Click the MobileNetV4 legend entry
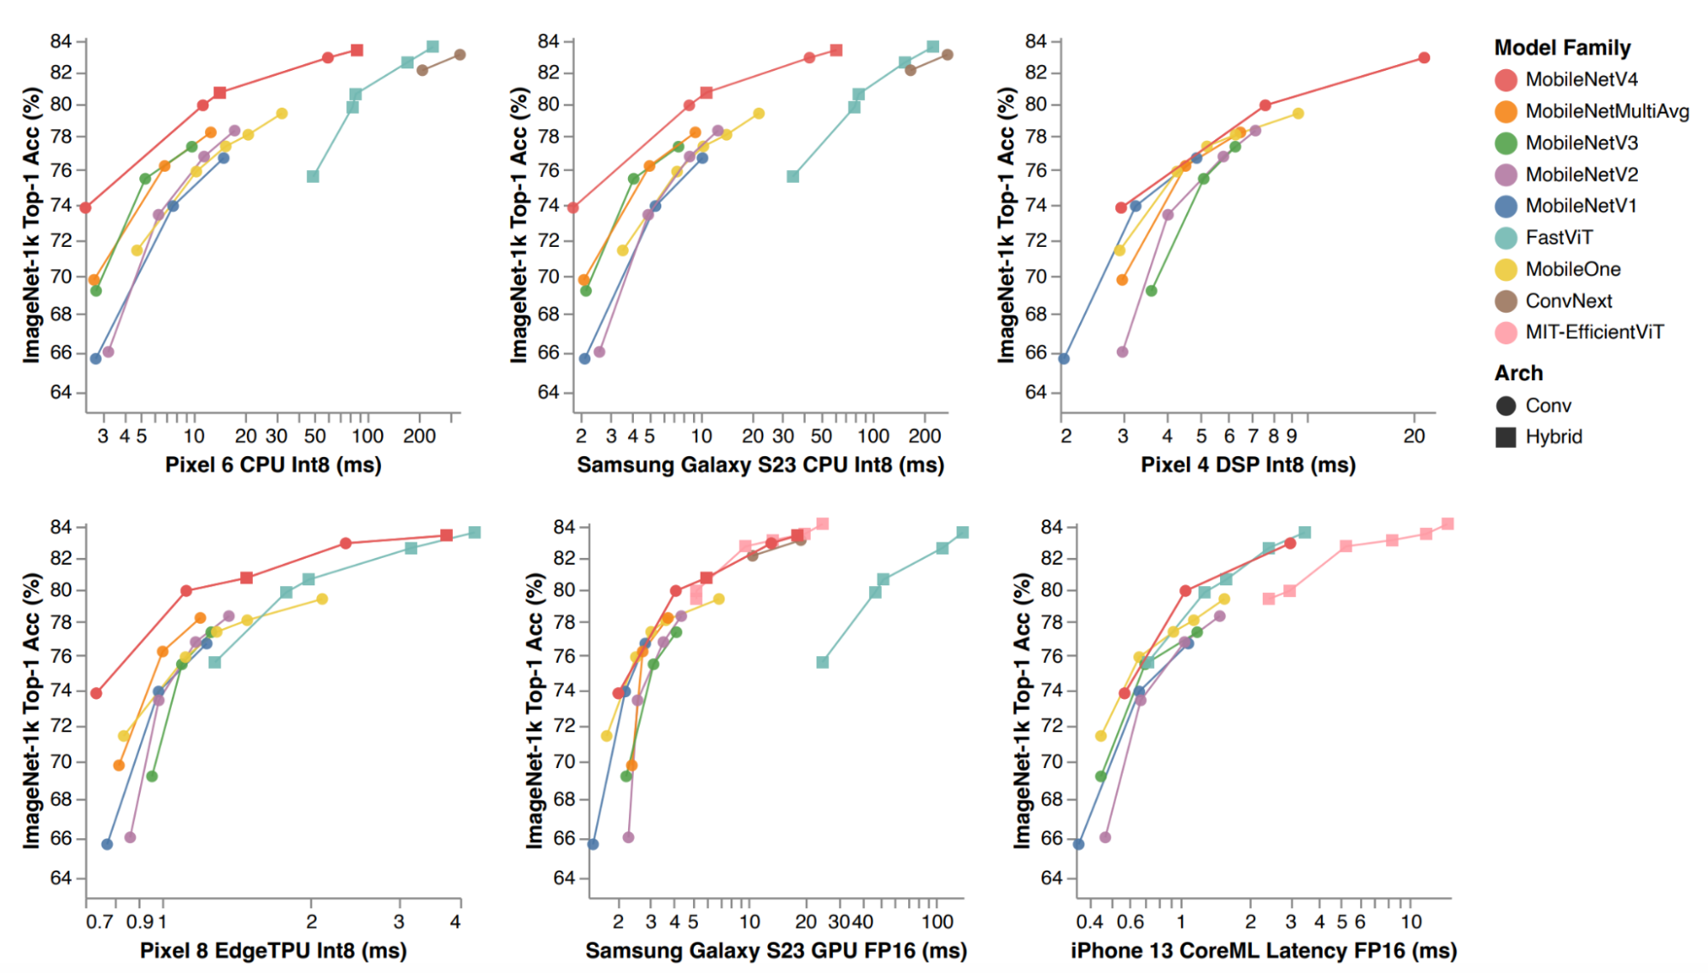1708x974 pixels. [x=1581, y=79]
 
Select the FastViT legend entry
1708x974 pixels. [x=1558, y=238]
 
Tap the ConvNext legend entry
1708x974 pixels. [x=1568, y=301]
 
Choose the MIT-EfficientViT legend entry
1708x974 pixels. [x=1594, y=332]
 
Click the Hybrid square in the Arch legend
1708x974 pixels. [x=1506, y=437]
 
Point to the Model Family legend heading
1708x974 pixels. [x=1562, y=48]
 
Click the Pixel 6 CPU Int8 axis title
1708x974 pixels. [x=273, y=465]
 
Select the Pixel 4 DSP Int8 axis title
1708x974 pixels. [x=1247, y=465]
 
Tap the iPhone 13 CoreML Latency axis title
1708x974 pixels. [x=1264, y=950]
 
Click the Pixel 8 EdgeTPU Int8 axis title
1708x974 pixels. [x=273, y=950]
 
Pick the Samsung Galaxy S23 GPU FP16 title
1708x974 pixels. [x=776, y=950]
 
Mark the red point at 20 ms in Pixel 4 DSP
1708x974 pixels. [x=1423, y=58]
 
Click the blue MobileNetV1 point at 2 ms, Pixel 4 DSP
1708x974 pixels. [x=1064, y=359]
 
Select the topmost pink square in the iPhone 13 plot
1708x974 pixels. [x=1447, y=524]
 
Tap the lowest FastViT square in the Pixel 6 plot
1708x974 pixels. [x=313, y=177]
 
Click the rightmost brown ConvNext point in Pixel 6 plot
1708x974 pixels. [x=460, y=55]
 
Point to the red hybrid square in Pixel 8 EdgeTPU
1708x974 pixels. [x=446, y=536]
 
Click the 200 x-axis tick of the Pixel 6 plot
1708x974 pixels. [x=420, y=436]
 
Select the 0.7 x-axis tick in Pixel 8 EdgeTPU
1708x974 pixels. [x=100, y=922]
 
